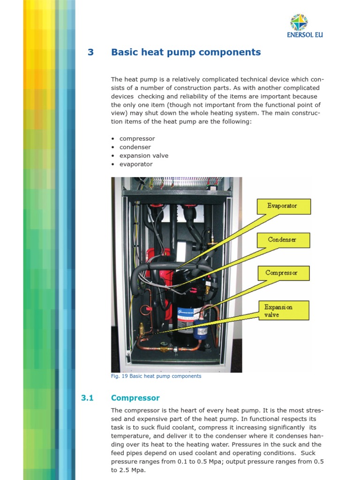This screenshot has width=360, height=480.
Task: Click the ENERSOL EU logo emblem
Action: point(299,22)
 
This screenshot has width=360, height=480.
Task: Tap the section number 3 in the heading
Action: point(91,52)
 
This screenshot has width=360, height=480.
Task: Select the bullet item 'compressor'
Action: point(137,139)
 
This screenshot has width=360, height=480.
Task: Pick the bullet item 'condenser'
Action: point(135,147)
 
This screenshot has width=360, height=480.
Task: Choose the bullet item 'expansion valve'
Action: point(144,156)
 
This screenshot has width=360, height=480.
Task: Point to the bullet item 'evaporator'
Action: point(136,164)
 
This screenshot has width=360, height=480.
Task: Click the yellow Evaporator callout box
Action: point(283,206)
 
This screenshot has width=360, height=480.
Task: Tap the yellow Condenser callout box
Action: point(283,240)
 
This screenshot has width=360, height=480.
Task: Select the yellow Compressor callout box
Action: point(283,273)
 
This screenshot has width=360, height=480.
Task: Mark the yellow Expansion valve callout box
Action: point(283,311)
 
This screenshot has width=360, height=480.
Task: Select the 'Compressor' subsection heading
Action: point(135,398)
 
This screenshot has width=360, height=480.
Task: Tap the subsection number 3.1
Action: point(88,398)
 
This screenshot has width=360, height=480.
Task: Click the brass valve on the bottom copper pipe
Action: point(164,349)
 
